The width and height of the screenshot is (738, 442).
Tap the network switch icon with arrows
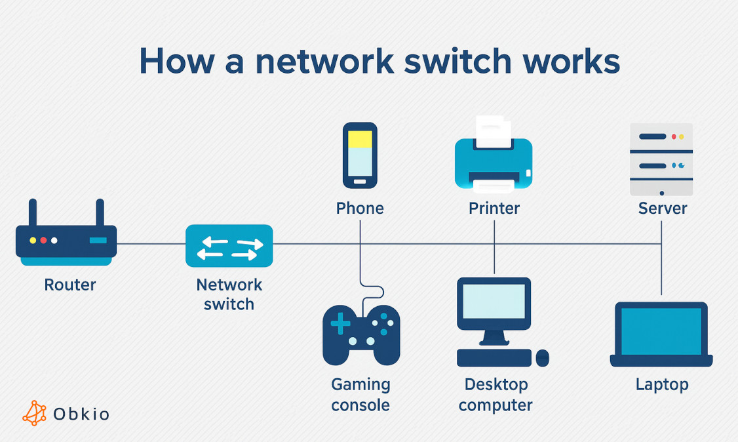[x=229, y=246]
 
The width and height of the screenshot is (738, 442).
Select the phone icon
[x=360, y=155]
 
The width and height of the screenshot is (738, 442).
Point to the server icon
[x=661, y=159]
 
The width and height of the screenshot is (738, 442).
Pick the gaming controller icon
[x=361, y=334]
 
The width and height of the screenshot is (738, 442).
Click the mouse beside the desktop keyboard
[x=542, y=358]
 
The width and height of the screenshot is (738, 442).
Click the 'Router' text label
[x=70, y=285]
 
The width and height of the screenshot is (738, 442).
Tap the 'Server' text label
[x=662, y=209]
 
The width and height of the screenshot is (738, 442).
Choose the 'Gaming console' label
[x=360, y=395]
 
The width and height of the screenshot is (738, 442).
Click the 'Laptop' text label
[x=662, y=384]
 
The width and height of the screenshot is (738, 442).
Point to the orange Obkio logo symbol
[x=35, y=413]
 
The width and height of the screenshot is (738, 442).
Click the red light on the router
[x=43, y=241]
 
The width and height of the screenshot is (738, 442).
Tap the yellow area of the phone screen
[x=360, y=139]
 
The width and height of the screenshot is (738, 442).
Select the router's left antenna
[x=32, y=212]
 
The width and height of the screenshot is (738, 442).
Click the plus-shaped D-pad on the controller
[x=340, y=323]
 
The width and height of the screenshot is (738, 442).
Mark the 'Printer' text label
[x=494, y=209]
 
